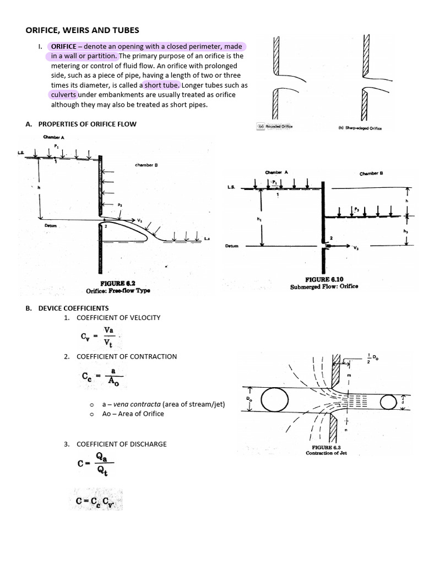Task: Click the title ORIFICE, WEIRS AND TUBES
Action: tap(82, 30)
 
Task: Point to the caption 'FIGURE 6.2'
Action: tap(117, 283)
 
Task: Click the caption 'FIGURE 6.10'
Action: tap(324, 279)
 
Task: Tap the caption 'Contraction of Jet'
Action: tap(326, 453)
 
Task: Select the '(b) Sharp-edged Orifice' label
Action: tap(360, 128)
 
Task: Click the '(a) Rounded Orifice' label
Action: tap(275, 126)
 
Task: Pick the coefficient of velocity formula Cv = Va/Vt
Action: tap(98, 335)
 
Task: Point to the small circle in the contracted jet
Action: tap(389, 403)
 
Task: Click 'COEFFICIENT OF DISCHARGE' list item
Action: tap(121, 444)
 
